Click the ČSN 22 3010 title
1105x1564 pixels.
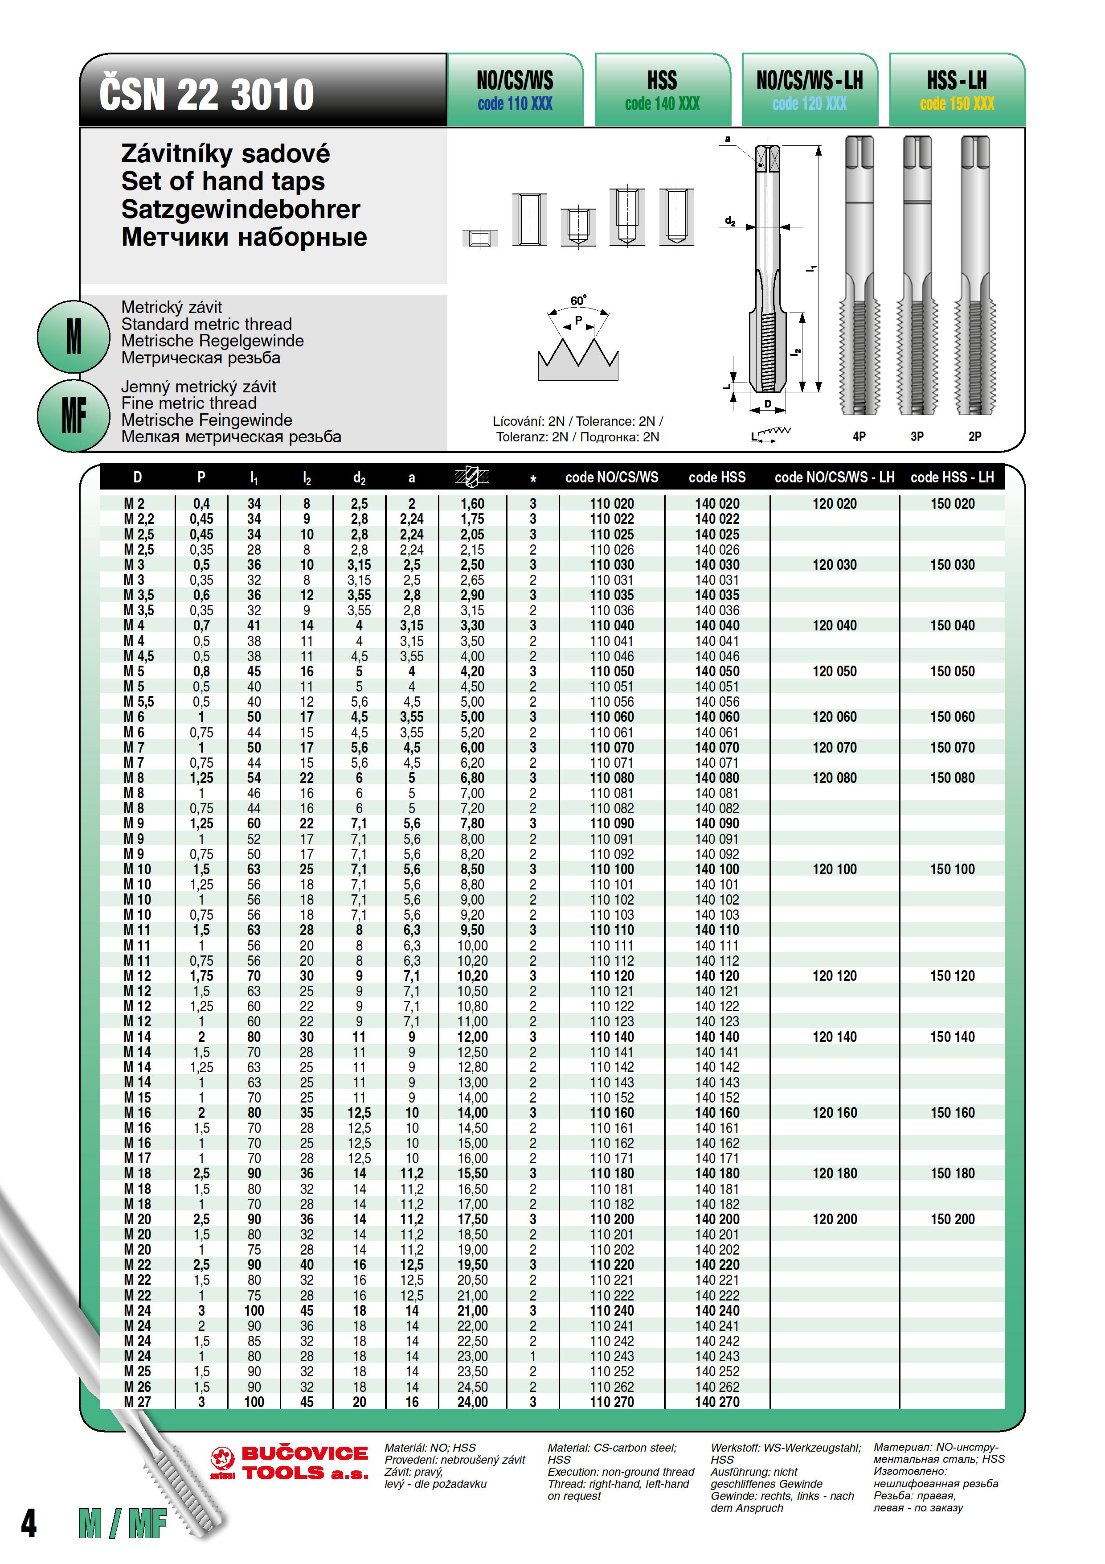[206, 94]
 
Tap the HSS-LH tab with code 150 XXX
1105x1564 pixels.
[957, 91]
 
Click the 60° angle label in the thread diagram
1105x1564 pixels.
[578, 300]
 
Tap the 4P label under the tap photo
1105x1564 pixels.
[859, 436]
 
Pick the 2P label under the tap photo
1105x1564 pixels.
[975, 436]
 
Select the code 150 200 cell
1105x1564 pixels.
[953, 1219]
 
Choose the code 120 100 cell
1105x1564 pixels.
[835, 869]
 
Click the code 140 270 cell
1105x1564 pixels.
[717, 1402]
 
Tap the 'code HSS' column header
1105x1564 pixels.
[717, 477]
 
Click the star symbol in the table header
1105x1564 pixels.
[533, 479]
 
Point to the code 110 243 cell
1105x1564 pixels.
[611, 1356]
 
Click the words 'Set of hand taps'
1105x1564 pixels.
[223, 181]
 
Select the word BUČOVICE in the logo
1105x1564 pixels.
[304, 1453]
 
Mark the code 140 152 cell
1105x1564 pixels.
[717, 1097]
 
